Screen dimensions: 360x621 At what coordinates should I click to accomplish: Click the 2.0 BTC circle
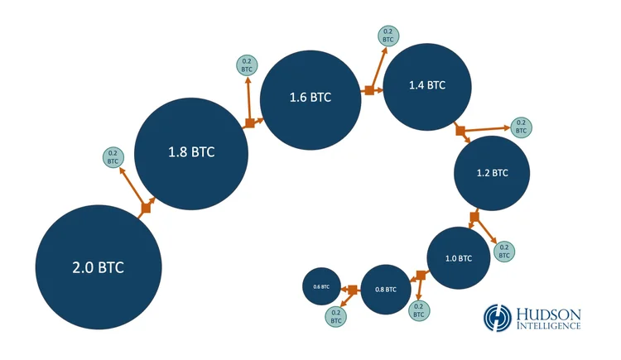98,266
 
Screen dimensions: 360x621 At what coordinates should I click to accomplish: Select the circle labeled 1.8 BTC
191,152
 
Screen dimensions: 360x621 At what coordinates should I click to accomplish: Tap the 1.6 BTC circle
310,98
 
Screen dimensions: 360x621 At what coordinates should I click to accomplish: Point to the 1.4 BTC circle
427,85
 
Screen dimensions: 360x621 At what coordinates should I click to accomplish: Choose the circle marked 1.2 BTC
492,173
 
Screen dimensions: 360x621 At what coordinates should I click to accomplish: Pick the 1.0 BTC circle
458,258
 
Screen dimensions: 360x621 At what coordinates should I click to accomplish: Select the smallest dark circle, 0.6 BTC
321,286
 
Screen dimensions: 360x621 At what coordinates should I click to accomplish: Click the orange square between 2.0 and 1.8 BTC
146,208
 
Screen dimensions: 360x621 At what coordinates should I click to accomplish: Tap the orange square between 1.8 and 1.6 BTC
249,123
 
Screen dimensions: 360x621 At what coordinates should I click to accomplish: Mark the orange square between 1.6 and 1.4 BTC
369,90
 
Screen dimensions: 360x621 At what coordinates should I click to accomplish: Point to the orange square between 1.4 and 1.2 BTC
460,130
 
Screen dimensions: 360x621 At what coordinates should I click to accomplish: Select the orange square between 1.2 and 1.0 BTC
474,217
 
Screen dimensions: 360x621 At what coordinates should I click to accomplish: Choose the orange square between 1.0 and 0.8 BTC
421,275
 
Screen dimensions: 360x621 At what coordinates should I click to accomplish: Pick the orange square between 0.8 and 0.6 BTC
353,289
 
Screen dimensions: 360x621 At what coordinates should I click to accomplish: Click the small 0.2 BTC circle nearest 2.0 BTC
113,156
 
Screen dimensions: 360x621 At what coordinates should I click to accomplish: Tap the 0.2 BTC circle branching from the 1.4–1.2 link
521,127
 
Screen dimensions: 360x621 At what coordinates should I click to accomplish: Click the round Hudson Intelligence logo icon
497,318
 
